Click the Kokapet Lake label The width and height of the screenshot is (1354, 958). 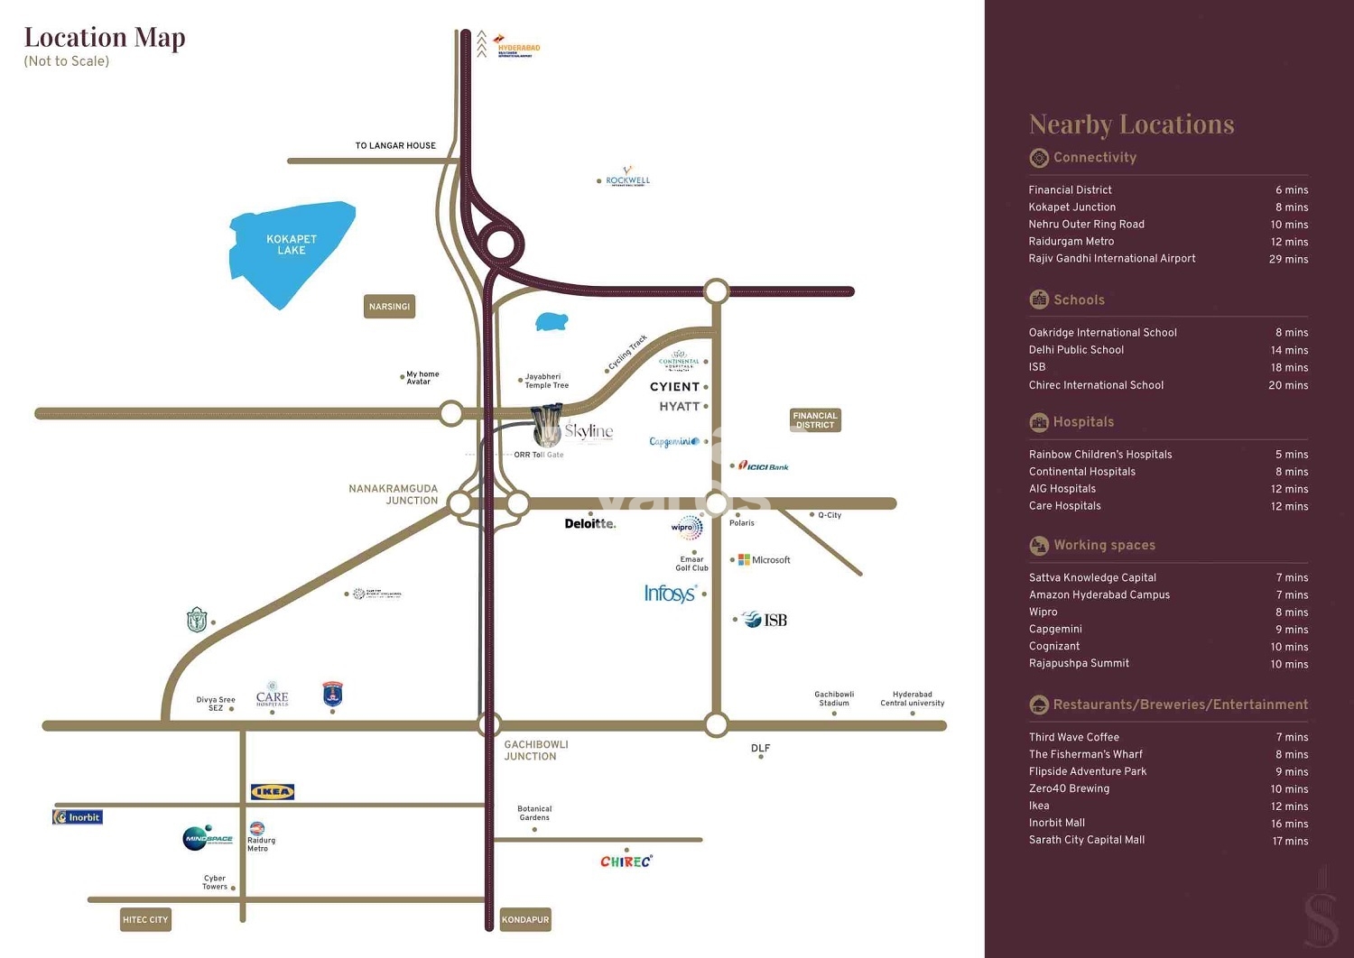coord(291,244)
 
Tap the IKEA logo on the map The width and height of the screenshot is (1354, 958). coord(272,792)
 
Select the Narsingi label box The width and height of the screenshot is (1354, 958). coord(389,307)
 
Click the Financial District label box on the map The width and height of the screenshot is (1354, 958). coord(815,420)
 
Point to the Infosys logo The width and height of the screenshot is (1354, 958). coord(670,593)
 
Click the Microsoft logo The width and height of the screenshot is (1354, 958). coord(765,560)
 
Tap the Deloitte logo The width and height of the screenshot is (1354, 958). coord(589,523)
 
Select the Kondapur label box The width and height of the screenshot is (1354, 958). coord(525,920)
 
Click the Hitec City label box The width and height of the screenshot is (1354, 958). coord(145,920)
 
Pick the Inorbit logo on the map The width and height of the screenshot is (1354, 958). coord(78,817)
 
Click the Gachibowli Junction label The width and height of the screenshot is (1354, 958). coord(535,751)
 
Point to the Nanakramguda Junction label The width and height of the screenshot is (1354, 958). coord(394,494)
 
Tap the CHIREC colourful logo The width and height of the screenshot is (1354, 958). coord(626,861)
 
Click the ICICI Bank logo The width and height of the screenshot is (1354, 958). coord(764,466)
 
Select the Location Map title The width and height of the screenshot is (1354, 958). coord(105,37)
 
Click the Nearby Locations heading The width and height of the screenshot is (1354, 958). coord(1131,124)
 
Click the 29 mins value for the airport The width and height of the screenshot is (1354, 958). coord(1288,259)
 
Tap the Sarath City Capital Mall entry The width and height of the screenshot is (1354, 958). coord(1086,840)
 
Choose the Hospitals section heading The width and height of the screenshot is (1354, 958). coord(1083,422)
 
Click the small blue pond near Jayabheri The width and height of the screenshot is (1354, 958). coord(551,322)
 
